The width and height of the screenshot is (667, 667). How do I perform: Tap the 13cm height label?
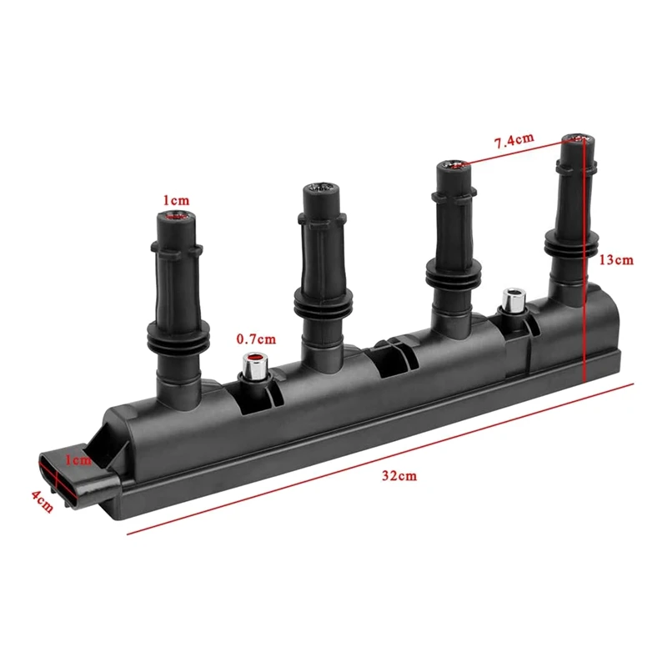click(x=616, y=260)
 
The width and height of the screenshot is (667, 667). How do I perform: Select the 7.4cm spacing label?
click(x=514, y=141)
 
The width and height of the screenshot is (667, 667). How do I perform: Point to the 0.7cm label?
click(x=255, y=339)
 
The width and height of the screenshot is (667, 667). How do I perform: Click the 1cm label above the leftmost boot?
click(x=176, y=200)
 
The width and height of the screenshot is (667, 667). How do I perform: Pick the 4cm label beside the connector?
click(x=42, y=501)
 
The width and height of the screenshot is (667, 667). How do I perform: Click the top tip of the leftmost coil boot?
click(x=175, y=218)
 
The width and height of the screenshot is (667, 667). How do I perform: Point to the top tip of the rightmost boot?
click(x=577, y=138)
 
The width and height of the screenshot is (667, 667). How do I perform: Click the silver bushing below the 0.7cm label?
click(x=253, y=365)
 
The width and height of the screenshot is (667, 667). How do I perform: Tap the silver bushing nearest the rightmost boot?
click(x=511, y=300)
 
